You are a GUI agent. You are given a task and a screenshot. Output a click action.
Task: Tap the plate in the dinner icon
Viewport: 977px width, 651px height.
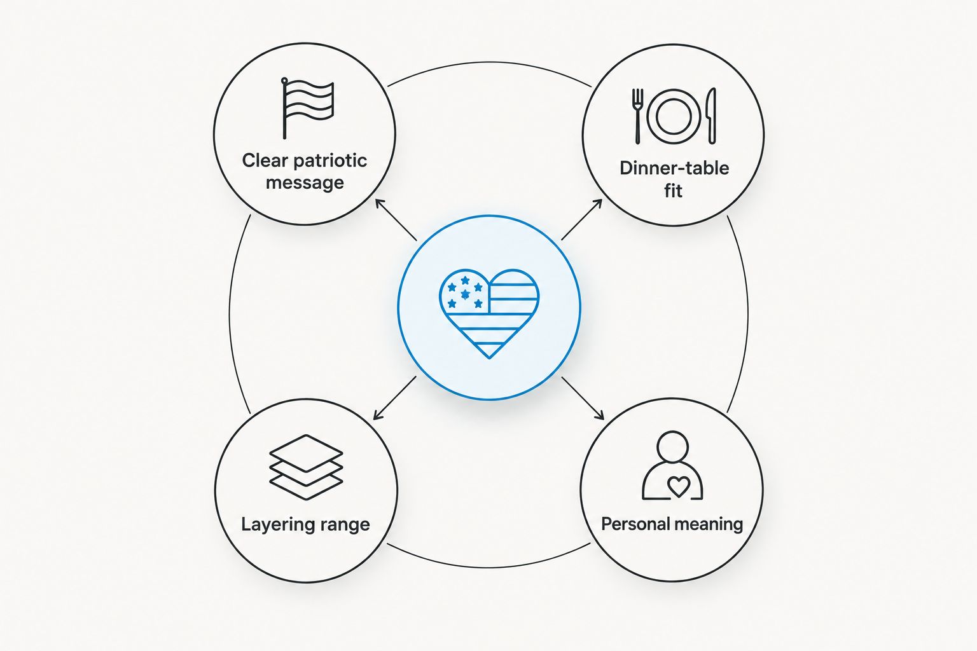(674, 117)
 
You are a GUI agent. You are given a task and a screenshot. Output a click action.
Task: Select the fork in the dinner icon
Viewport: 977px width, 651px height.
(638, 116)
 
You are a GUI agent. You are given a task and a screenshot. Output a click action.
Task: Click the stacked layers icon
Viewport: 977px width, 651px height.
(306, 467)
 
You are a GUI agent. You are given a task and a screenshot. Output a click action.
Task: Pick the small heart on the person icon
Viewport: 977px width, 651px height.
(679, 486)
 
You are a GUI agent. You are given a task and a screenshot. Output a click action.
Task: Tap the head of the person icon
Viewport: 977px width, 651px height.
(672, 446)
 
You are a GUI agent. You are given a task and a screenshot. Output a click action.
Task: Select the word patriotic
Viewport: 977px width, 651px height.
(329, 161)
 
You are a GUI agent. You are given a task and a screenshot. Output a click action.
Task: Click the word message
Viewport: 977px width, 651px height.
(305, 182)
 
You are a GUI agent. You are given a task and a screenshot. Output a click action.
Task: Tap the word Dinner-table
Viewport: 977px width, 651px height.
(674, 168)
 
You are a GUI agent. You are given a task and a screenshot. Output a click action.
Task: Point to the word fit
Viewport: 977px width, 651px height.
(673, 191)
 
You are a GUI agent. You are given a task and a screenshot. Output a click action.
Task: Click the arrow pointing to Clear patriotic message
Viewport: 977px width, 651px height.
(396, 220)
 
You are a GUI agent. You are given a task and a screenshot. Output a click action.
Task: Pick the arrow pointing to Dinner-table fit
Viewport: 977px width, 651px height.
(582, 220)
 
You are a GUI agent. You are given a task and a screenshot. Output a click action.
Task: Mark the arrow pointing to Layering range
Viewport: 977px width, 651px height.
(395, 398)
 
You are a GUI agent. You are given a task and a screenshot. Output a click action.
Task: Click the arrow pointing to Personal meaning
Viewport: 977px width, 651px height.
(583, 398)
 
